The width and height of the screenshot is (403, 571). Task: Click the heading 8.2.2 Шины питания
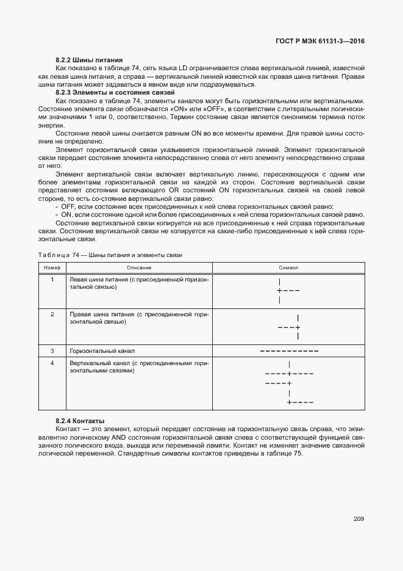pyautogui.click(x=89, y=60)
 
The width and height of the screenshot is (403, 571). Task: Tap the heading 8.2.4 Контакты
pyautogui.click(x=80, y=421)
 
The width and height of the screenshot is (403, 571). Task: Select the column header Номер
pyautogui.click(x=52, y=267)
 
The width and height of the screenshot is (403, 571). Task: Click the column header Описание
pyautogui.click(x=139, y=267)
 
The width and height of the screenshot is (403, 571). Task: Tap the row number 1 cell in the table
pyautogui.click(x=52, y=280)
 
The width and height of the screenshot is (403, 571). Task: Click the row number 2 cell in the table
pyautogui.click(x=52, y=314)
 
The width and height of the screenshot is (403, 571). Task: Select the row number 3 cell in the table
pyautogui.click(x=52, y=351)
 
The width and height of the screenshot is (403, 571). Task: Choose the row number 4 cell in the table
pyautogui.click(x=52, y=363)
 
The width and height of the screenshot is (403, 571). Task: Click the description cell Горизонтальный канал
pyautogui.click(x=102, y=351)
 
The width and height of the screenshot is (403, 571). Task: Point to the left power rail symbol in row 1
pyautogui.click(x=287, y=291)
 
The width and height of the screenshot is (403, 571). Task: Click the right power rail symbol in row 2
pyautogui.click(x=290, y=327)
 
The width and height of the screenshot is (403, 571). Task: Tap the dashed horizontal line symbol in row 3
pyautogui.click(x=289, y=351)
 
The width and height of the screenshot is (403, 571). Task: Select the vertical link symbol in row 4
pyautogui.click(x=289, y=383)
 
